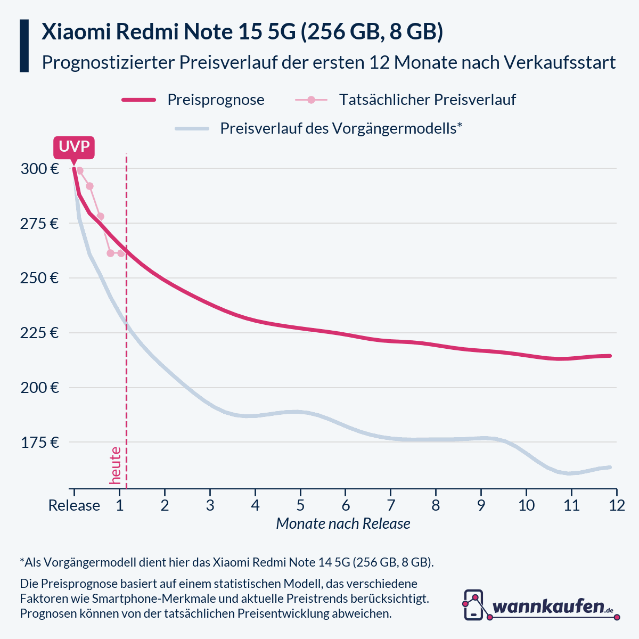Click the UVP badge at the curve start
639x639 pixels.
tap(73, 148)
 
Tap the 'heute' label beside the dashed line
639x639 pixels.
tap(115, 465)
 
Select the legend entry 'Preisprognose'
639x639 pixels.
tap(216, 100)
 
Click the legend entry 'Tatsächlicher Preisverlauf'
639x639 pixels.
tap(427, 100)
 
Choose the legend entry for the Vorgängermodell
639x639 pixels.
tap(341, 128)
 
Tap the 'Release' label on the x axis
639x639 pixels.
tap(74, 505)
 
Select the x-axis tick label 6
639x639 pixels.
tap(346, 505)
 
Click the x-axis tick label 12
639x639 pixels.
tap(616, 505)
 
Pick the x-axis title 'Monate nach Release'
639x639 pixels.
tap(343, 524)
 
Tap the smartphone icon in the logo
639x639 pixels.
tap(473, 605)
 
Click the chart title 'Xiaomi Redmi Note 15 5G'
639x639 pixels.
tap(242, 32)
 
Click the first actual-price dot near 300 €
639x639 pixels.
tap(80, 171)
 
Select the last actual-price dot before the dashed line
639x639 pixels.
tap(121, 253)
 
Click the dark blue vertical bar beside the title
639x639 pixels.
tap(24, 46)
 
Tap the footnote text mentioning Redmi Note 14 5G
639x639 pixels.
tap(226, 562)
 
